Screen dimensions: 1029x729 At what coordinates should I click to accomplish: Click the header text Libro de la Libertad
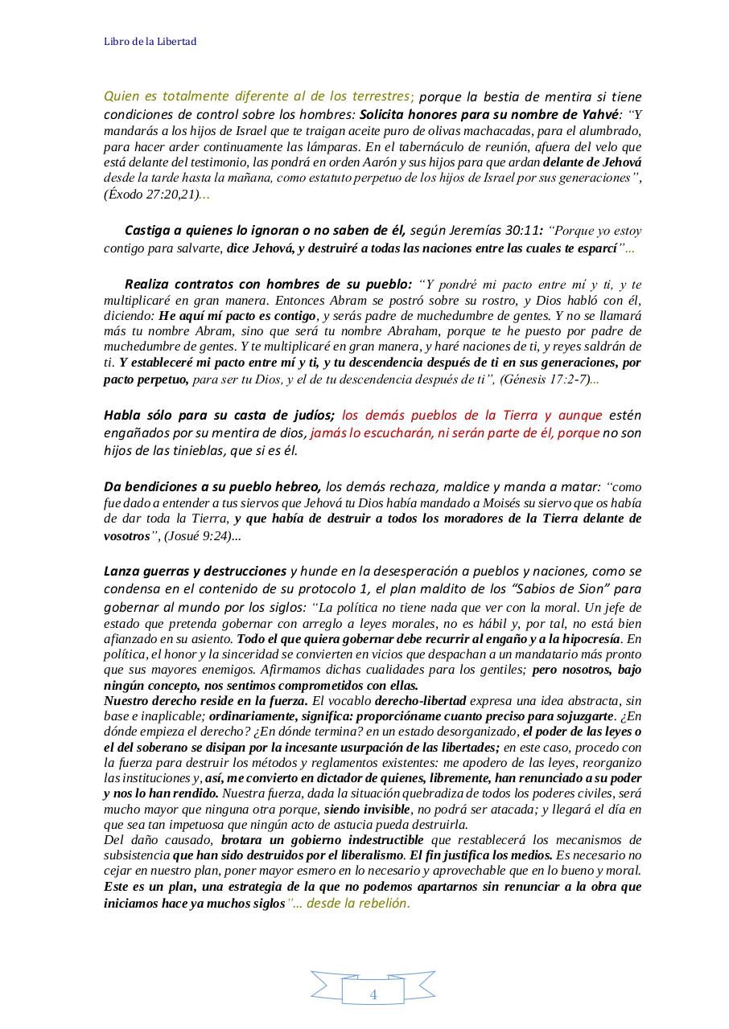click(150, 41)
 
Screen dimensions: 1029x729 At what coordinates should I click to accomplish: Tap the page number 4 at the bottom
click(373, 994)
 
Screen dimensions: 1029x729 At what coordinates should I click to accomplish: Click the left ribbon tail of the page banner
click(326, 986)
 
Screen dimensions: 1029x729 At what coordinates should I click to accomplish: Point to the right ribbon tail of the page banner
click(419, 986)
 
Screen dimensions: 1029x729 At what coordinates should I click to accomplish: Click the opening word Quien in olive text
click(120, 96)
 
